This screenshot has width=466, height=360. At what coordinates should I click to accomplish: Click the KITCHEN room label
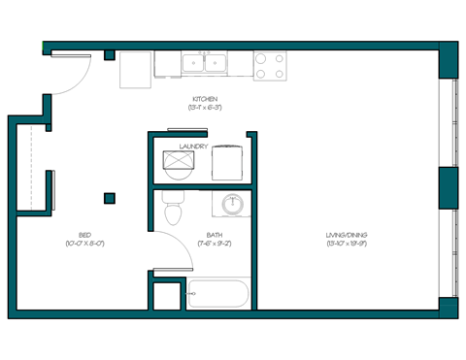click(205, 98)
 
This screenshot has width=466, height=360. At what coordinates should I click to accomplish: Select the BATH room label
click(215, 234)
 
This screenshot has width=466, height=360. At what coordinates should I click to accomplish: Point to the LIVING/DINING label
click(347, 234)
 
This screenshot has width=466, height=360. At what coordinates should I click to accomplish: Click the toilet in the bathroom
click(172, 207)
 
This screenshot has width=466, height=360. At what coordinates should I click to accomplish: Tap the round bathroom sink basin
click(233, 205)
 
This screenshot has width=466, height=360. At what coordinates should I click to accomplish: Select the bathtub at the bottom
click(217, 293)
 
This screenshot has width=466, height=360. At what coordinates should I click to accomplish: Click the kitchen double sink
click(205, 64)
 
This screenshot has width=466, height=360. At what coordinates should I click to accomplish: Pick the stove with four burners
click(270, 65)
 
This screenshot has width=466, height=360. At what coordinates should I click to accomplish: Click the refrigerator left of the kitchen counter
click(136, 69)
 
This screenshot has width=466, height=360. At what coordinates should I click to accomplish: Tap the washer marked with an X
click(178, 162)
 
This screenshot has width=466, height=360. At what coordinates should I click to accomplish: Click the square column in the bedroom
click(110, 198)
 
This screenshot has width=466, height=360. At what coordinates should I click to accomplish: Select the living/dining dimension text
click(347, 244)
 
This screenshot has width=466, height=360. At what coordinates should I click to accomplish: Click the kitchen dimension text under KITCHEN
click(205, 107)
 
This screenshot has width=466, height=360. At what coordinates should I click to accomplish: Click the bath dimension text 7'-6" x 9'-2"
click(215, 244)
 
